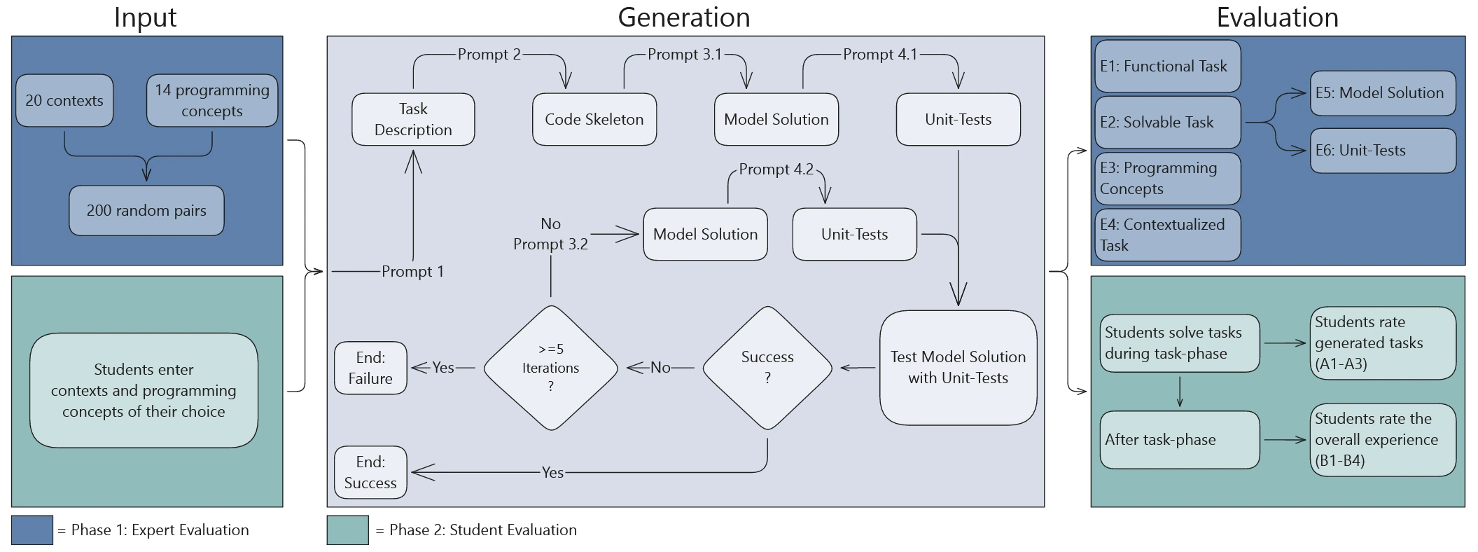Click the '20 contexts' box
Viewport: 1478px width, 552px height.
pyautogui.click(x=64, y=101)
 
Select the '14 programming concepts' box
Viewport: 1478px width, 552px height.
pyautogui.click(x=212, y=101)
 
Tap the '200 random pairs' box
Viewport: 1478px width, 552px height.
pyautogui.click(x=146, y=211)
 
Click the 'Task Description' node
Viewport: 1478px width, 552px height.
pyautogui.click(x=413, y=120)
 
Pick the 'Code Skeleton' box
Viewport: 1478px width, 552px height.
pyautogui.click(x=594, y=120)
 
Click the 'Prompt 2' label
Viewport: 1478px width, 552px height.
pyautogui.click(x=489, y=55)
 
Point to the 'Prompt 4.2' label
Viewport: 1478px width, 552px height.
pyautogui.click(x=776, y=170)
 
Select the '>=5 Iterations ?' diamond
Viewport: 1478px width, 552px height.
pyautogui.click(x=551, y=368)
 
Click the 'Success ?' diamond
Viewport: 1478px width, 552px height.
pyautogui.click(x=767, y=368)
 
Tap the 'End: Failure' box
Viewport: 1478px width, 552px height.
pyautogui.click(x=370, y=368)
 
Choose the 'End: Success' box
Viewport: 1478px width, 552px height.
pyautogui.click(x=370, y=473)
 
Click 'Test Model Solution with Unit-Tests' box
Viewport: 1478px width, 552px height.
pyautogui.click(x=958, y=368)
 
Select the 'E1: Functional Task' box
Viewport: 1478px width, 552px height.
pyautogui.click(x=1167, y=67)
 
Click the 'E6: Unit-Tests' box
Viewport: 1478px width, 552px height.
pyautogui.click(x=1383, y=151)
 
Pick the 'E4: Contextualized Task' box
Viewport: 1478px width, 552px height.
pyautogui.click(x=1167, y=235)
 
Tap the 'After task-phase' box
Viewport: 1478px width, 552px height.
pyautogui.click(x=1179, y=440)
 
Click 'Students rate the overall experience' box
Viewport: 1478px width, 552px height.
pyautogui.click(x=1383, y=440)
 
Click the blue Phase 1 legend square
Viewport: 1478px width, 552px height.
pyautogui.click(x=32, y=530)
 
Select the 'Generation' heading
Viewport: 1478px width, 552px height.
pyautogui.click(x=683, y=18)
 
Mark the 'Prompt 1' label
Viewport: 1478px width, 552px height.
pyautogui.click(x=412, y=272)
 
